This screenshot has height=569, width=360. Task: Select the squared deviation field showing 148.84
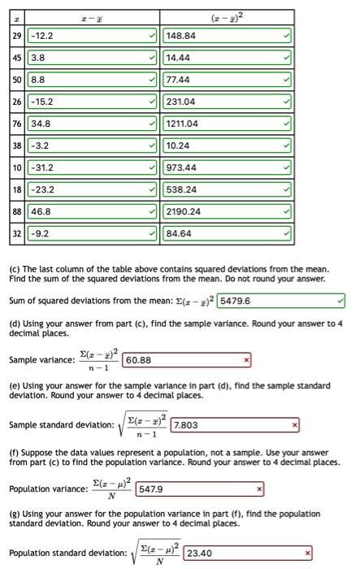(227, 36)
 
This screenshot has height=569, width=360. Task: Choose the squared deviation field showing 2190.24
(227, 212)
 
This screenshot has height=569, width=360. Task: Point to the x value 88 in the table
(17, 212)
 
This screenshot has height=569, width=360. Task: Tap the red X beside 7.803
(295, 424)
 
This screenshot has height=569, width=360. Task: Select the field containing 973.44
(227, 168)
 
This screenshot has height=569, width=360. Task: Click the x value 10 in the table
(17, 168)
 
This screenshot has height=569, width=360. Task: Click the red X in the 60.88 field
(246, 359)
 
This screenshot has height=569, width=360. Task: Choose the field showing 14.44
(227, 59)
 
